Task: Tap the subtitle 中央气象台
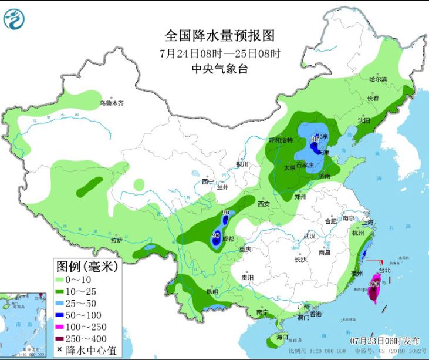click(219, 69)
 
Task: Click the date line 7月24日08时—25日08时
click(219, 53)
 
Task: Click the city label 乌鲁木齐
click(112, 103)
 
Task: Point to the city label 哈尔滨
click(378, 79)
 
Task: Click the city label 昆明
click(211, 291)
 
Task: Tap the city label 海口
click(282, 337)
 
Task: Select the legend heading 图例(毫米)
click(86, 266)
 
